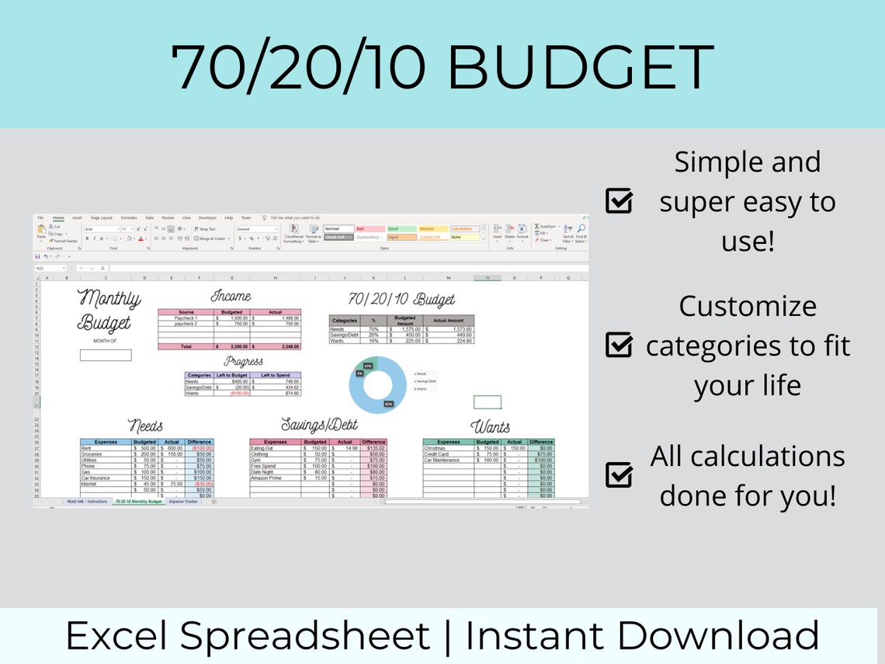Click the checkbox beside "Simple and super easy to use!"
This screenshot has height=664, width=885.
[x=619, y=202]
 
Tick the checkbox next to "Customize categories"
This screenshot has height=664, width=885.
[x=619, y=345]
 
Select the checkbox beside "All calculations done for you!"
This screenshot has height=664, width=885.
[x=619, y=475]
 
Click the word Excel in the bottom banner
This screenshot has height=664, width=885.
[x=119, y=635]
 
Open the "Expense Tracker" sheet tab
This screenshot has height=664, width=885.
[x=184, y=502]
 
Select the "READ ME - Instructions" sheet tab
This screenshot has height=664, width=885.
[x=87, y=502]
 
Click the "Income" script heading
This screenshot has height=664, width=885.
[x=231, y=296]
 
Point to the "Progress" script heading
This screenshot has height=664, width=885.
[x=243, y=361]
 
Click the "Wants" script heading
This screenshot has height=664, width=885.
[x=491, y=426]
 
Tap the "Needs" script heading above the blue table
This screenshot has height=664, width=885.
[x=146, y=426]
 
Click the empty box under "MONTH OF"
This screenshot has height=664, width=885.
[x=106, y=355]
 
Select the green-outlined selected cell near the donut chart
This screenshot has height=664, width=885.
[x=488, y=402]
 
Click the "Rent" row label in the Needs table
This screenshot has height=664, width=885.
[x=86, y=448]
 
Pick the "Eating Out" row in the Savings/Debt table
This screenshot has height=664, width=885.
[x=261, y=448]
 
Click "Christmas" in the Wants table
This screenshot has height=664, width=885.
[x=435, y=448]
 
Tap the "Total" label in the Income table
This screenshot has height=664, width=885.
[x=186, y=346]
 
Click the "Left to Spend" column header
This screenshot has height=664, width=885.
[x=275, y=375]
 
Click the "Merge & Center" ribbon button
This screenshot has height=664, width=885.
[x=212, y=238]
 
